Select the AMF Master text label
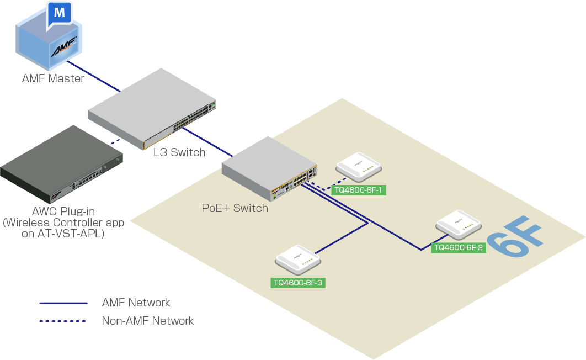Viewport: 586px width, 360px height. click(53, 78)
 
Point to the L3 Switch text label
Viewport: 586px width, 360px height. click(179, 152)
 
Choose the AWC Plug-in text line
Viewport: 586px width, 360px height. click(63, 211)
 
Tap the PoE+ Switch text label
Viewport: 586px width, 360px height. click(235, 208)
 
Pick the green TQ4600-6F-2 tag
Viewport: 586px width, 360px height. click(459, 247)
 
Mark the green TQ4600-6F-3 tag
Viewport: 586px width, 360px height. click(298, 283)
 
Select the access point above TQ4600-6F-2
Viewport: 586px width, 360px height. click(459, 223)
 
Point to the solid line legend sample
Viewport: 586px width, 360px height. click(63, 303)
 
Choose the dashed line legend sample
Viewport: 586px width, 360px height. click(63, 321)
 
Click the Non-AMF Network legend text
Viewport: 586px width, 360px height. click(148, 321)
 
